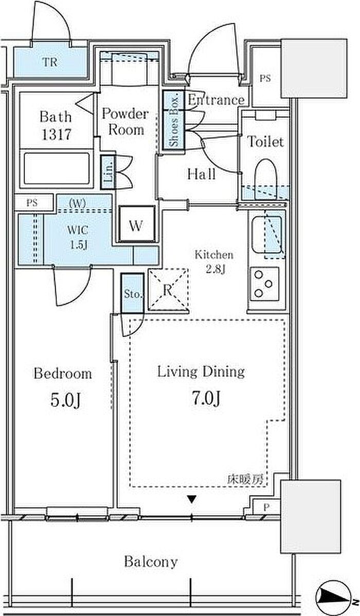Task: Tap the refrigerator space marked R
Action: point(169,290)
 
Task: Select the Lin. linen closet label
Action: point(109,171)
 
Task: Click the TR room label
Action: point(50,62)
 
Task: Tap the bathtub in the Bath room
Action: point(57,168)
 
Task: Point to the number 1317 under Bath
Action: point(56,135)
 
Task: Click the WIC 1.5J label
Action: point(79,238)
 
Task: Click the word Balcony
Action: point(151,562)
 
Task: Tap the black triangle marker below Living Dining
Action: point(191,500)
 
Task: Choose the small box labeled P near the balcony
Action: point(266,507)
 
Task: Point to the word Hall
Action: point(201,174)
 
